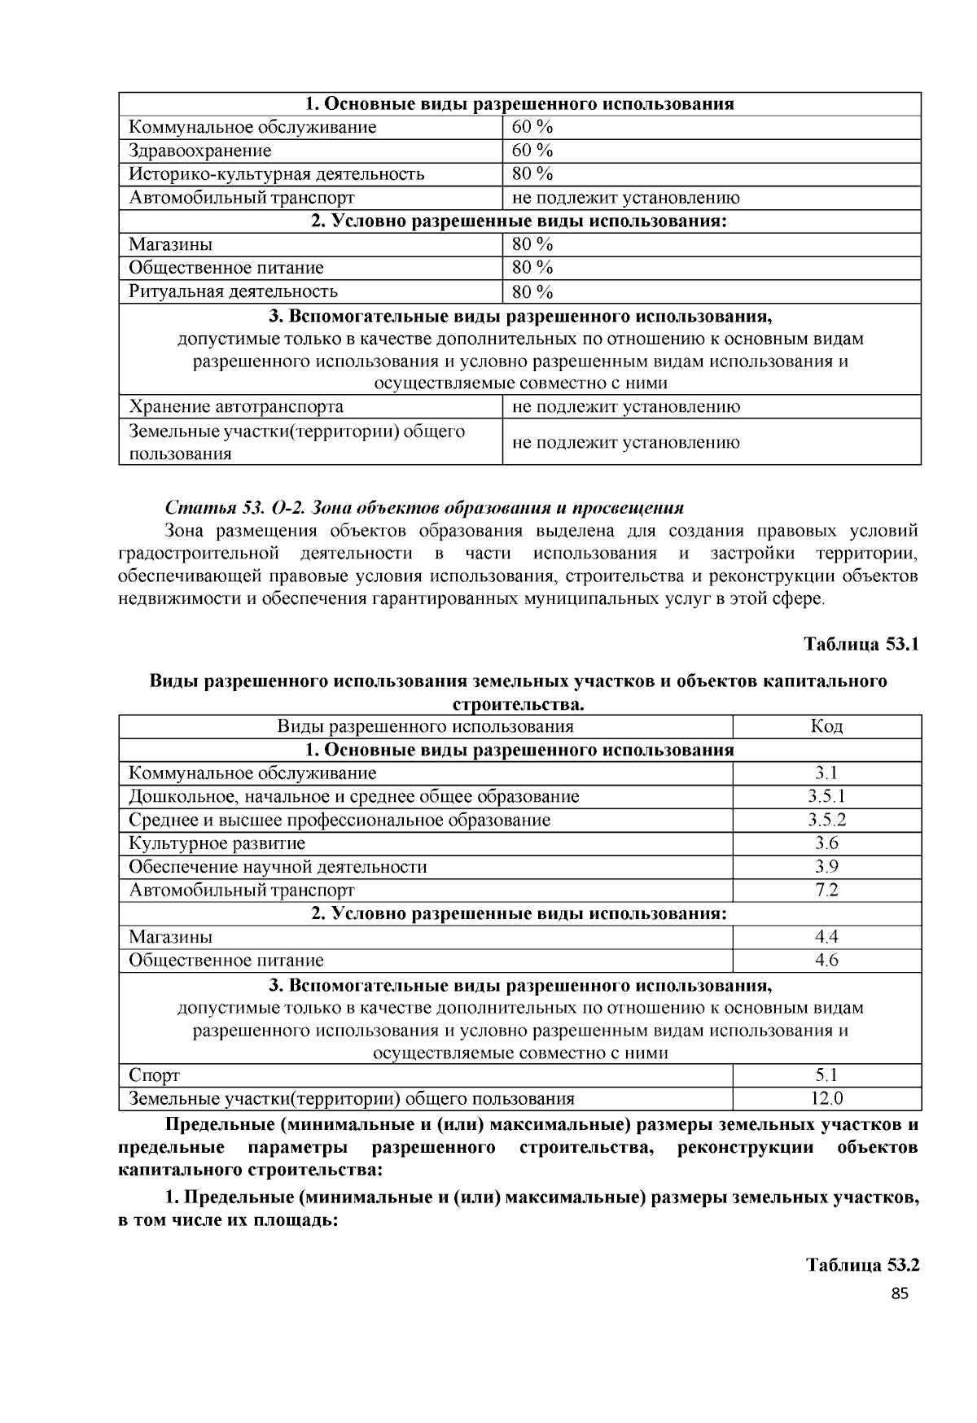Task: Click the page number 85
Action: tap(900, 1294)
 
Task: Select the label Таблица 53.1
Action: tap(861, 644)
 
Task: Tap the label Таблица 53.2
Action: tap(862, 1265)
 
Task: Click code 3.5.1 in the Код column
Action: tap(826, 796)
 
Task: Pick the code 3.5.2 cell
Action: tap(826, 820)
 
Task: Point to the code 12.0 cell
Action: tap(826, 1098)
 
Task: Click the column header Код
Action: tap(826, 726)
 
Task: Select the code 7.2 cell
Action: tap(826, 890)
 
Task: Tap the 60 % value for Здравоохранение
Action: tap(532, 151)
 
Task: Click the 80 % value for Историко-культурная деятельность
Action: tap(532, 173)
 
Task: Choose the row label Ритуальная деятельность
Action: tap(233, 291)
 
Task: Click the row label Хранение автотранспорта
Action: tap(236, 406)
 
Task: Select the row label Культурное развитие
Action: tap(217, 843)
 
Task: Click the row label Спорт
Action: tap(154, 1075)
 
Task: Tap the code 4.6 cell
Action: tap(826, 960)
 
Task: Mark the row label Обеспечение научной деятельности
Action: tap(278, 866)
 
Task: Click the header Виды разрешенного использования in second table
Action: tap(425, 726)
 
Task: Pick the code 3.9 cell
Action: tap(826, 866)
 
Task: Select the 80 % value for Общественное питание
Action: tap(532, 268)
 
